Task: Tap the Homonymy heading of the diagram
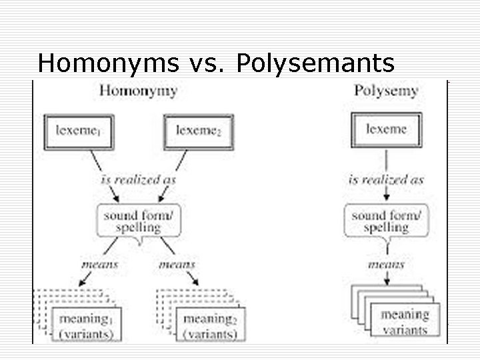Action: [x=138, y=90]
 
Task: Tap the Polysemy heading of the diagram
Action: [x=386, y=90]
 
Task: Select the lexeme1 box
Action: [x=78, y=131]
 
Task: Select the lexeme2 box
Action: [x=198, y=131]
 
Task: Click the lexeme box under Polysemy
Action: [x=386, y=129]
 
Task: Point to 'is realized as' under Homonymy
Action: [x=139, y=180]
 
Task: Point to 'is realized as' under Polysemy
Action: [x=386, y=180]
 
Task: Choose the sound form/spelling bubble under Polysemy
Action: [x=386, y=221]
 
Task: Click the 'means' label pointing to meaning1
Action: [x=99, y=265]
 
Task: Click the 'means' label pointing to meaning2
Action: [x=177, y=265]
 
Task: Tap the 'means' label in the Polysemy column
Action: [x=386, y=265]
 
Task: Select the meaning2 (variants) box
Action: [x=210, y=325]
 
